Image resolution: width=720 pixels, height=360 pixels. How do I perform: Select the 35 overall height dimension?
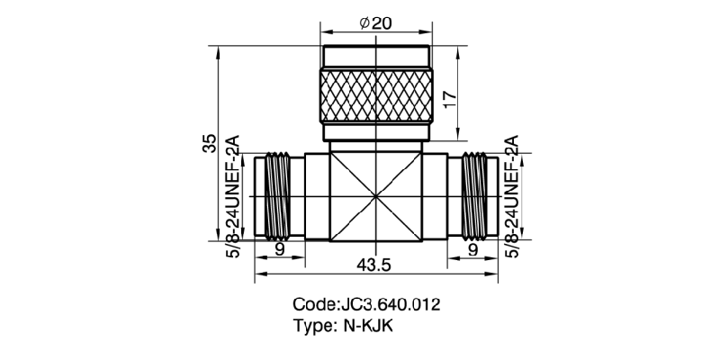click(209, 143)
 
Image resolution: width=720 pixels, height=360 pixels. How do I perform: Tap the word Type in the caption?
click(312, 326)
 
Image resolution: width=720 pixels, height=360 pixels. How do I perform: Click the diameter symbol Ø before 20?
click(364, 24)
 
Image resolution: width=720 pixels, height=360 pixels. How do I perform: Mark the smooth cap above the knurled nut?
click(374, 58)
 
